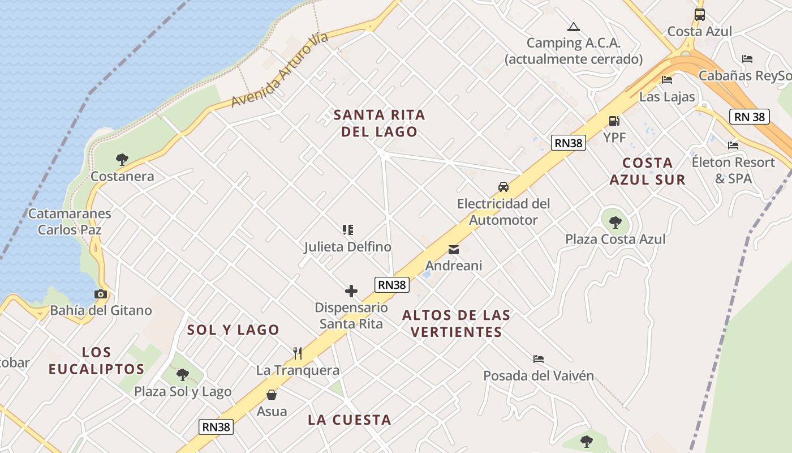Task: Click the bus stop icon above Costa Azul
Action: click(x=699, y=15)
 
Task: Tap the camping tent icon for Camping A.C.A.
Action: click(x=574, y=27)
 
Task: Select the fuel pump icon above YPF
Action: click(x=614, y=121)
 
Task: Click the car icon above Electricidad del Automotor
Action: click(x=503, y=186)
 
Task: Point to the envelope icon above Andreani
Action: click(x=453, y=249)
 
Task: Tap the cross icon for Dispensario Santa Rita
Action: click(x=351, y=291)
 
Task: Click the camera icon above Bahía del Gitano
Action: click(x=101, y=294)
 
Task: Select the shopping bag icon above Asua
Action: click(x=272, y=395)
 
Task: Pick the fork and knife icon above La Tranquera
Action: click(x=298, y=353)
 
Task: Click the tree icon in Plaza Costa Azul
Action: click(x=615, y=222)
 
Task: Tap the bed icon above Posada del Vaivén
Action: click(x=538, y=359)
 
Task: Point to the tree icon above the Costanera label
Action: click(x=122, y=160)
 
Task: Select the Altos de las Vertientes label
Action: click(x=457, y=323)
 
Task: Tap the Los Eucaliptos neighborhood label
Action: click(x=96, y=361)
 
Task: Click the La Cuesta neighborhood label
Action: click(x=350, y=420)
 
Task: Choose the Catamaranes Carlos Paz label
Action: click(x=70, y=221)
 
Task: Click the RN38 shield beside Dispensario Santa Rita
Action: click(x=392, y=285)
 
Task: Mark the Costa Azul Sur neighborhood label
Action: click(x=648, y=171)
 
